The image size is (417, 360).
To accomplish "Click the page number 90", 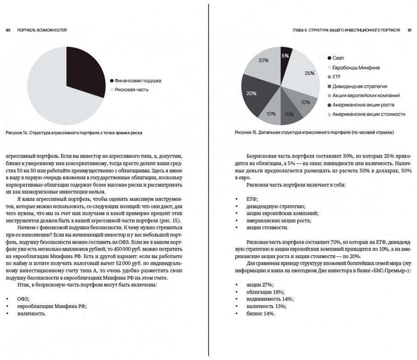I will click(x=7, y=30).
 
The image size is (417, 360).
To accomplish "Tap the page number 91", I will click(x=409, y=30).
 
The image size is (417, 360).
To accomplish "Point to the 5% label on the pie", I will click(x=285, y=56).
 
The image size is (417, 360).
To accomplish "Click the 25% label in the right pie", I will click(x=309, y=73).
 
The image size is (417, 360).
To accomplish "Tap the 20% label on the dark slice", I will click(x=251, y=93).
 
